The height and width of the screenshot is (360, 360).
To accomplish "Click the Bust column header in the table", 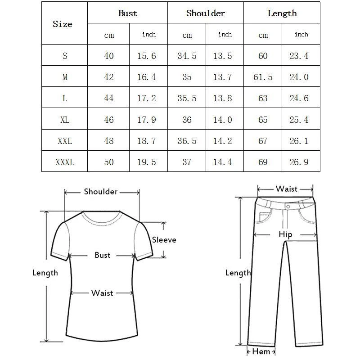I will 128,13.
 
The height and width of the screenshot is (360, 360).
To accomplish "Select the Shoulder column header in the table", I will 206,13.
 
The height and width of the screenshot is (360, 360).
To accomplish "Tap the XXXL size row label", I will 65,162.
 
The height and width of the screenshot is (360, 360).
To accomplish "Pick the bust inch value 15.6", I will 146,56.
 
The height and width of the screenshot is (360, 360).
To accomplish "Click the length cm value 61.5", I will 263,77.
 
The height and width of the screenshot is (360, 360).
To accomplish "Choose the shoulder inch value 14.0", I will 222,120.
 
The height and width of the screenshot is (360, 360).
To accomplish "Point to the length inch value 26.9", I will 299,162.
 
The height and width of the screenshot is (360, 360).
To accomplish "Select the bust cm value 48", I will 109,141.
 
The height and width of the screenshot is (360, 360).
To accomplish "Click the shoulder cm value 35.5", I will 187,99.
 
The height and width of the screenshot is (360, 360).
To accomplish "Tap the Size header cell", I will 63,24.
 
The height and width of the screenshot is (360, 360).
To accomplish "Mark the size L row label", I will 65,99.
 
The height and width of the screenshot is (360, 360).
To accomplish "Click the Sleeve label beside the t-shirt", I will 164,240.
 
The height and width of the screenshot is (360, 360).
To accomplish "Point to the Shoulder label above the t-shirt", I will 101,192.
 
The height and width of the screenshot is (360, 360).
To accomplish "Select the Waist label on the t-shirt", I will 102,293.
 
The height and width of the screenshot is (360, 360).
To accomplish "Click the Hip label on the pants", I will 285,234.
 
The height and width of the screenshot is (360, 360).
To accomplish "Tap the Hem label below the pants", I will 261,351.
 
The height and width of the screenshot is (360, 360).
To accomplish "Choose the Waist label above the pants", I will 287,189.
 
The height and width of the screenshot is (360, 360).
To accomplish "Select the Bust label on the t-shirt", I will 103,255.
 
